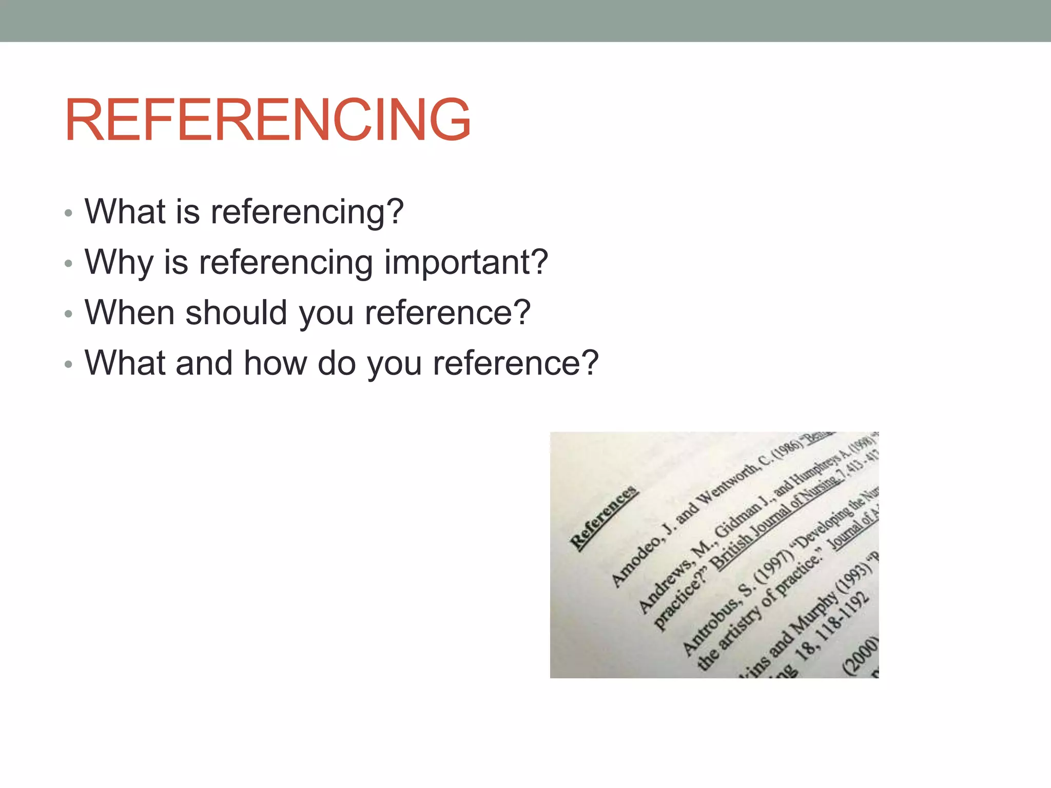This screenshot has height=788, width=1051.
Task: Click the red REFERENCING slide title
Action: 267,120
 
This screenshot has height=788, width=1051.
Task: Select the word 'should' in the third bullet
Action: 236,312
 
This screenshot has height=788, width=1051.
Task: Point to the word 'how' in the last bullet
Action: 275,363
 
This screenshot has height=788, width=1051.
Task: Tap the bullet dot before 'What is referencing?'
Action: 69,213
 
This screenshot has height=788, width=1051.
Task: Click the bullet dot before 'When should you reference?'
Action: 69,314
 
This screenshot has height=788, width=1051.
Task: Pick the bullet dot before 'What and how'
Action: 69,364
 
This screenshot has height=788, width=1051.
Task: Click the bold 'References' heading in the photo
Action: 604,518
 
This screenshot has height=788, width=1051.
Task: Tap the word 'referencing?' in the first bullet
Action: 307,212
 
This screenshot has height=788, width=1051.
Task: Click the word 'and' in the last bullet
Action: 204,363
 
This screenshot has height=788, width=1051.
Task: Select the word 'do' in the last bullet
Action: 337,363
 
